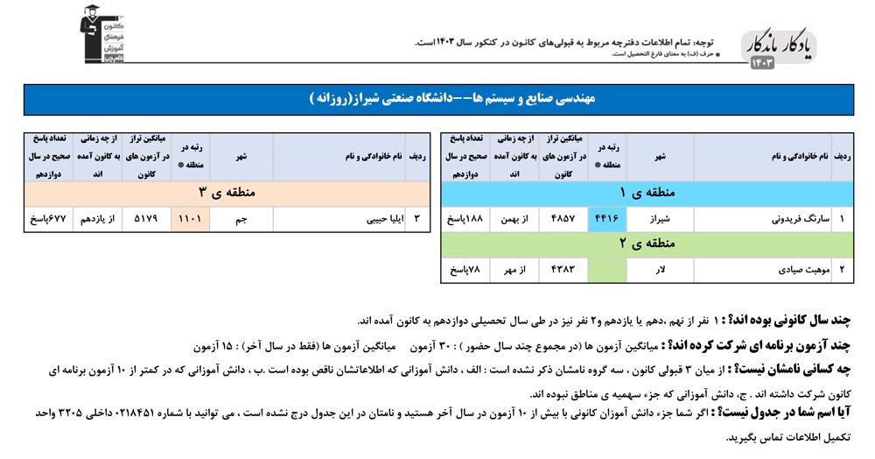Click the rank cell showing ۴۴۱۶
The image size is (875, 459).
(x=605, y=219)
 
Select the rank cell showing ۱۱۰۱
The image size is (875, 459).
(x=191, y=219)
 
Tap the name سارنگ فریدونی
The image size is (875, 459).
(x=794, y=219)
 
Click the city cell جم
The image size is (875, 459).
(x=242, y=219)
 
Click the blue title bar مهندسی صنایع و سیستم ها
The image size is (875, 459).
(x=438, y=100)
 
